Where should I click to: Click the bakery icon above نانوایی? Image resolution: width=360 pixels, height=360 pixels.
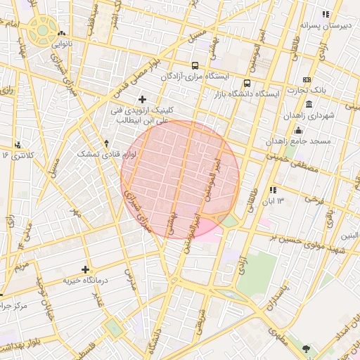click(63, 33)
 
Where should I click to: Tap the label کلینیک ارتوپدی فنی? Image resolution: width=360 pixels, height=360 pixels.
click(146, 110)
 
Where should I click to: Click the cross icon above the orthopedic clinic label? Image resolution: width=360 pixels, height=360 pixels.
click(143, 99)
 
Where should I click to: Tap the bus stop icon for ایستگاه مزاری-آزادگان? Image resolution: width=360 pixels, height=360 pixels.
click(195, 65)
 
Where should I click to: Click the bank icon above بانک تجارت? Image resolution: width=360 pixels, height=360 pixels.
click(307, 79)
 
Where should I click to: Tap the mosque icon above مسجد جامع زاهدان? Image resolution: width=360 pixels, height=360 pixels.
click(298, 130)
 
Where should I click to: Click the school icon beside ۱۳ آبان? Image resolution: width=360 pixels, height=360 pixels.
click(274, 190)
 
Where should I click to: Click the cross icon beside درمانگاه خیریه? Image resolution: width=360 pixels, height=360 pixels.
click(86, 269)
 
